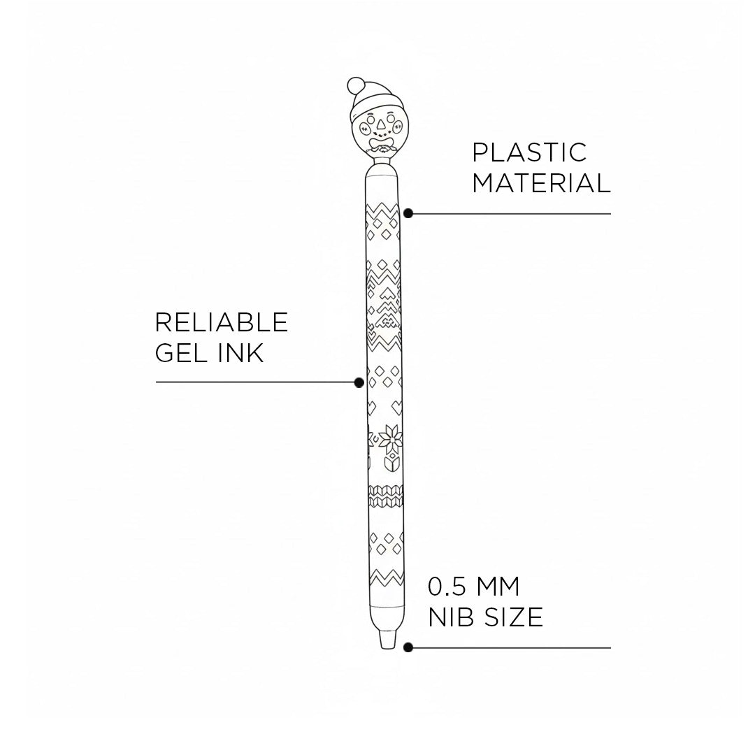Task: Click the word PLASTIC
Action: click(529, 152)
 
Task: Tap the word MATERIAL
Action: click(542, 183)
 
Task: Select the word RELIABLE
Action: click(222, 322)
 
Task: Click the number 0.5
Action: click(447, 587)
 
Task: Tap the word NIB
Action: click(450, 617)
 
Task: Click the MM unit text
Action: click(498, 587)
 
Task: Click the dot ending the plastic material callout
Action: click(408, 213)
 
